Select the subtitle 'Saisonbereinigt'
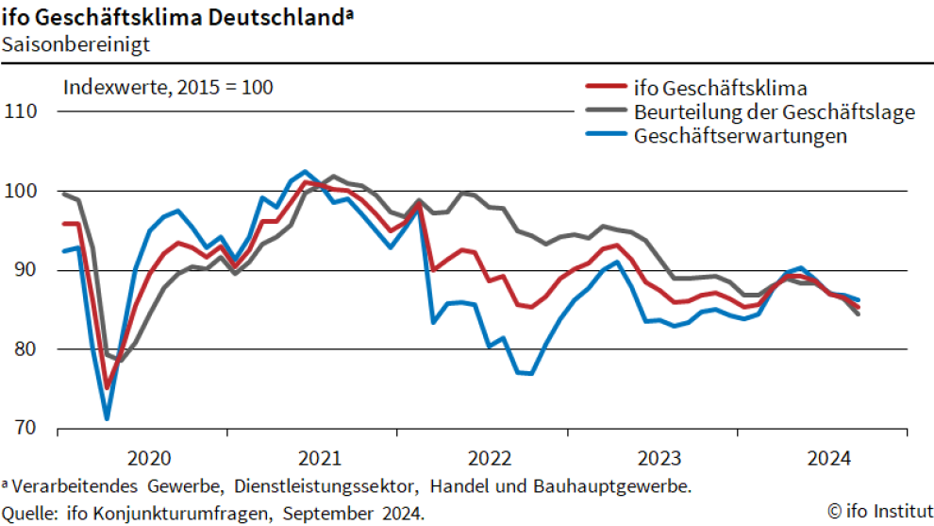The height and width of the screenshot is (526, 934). tap(62, 42)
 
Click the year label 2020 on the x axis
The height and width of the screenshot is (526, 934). tap(149, 459)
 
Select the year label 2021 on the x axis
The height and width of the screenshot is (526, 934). tap(319, 459)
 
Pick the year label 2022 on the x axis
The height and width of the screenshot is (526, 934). tap(489, 459)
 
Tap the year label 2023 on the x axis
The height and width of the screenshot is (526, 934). tap(659, 459)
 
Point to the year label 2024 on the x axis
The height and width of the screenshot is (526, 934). tap(828, 459)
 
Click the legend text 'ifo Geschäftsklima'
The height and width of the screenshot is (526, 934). tap(721, 89)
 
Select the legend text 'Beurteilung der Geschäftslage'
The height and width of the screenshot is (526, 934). tap(775, 112)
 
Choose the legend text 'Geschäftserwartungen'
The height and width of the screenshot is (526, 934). tap(741, 136)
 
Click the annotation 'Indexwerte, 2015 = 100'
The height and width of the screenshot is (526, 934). tap(168, 88)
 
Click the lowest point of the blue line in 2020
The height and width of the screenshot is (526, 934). tap(107, 418)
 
